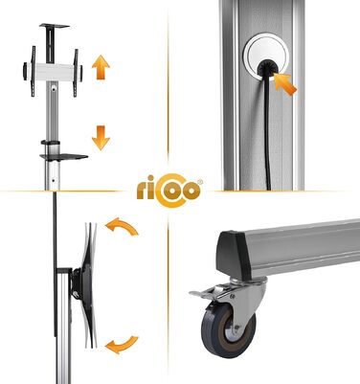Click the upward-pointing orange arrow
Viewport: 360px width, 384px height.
[x=101, y=67]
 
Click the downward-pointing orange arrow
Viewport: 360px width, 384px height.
[x=101, y=138]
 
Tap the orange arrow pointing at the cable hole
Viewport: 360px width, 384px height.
[x=284, y=84]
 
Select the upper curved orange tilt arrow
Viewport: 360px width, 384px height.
[x=123, y=227]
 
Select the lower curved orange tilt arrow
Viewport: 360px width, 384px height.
[x=123, y=345]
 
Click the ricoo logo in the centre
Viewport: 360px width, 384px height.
[x=169, y=191]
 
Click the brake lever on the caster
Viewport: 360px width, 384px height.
[x=203, y=292]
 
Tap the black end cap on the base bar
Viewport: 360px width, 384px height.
[x=232, y=251]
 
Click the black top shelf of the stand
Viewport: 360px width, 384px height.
[x=55, y=26]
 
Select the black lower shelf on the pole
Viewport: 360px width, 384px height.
[x=64, y=157]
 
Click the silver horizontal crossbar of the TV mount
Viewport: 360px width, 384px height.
[x=53, y=72]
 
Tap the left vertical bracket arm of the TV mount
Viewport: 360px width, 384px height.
[x=33, y=71]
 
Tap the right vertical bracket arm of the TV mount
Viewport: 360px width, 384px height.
[x=76, y=73]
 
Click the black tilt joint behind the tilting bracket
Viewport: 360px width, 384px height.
[x=77, y=283]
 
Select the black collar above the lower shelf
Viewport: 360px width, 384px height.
[x=50, y=143]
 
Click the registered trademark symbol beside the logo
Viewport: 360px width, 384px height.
[x=200, y=182]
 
